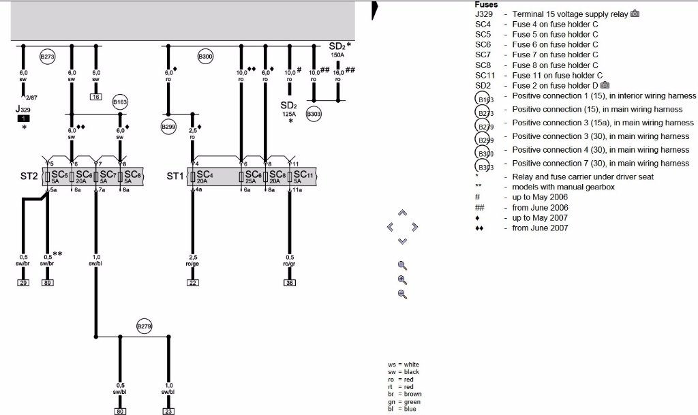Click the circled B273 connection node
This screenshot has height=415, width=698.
pos(47,57)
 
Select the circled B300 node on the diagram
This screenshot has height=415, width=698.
pos(206,57)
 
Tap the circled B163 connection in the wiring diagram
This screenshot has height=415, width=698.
pos(120,102)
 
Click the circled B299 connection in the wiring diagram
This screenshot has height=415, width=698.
pos(168,126)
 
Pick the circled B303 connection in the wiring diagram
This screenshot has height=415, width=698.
pos(314,114)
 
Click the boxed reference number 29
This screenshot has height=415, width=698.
pos(23,282)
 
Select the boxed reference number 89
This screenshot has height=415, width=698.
pos(47,282)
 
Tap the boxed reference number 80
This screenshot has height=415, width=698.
pos(120,411)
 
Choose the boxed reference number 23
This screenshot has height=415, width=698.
pos(168,411)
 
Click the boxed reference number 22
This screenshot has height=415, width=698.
pos(193,282)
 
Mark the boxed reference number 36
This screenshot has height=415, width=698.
pos(290,282)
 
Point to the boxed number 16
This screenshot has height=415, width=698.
pos(96,97)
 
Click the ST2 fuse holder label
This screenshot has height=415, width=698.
pos(28,176)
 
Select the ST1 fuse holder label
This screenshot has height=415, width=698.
pos(175,176)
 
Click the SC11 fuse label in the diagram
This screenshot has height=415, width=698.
pos(303,175)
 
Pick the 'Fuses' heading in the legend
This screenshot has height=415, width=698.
pos(486,4)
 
